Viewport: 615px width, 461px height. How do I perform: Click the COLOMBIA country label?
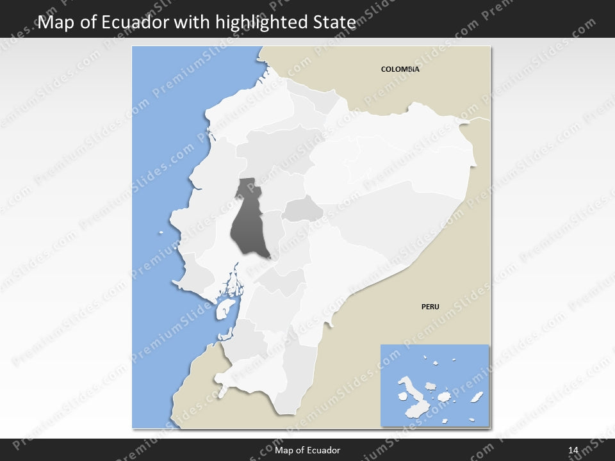coord(400,69)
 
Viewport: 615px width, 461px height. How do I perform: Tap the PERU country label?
coord(430,307)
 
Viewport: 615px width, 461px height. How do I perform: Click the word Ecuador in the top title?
coord(139,22)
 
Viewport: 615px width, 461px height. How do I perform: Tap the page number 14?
coord(573,450)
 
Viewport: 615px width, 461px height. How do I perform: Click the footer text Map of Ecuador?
coord(307,450)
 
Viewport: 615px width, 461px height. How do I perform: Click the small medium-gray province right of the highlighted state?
coord(303,209)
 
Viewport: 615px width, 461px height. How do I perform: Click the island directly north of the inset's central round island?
coord(431,387)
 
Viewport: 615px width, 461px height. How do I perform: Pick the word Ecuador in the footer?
coord(324,450)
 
